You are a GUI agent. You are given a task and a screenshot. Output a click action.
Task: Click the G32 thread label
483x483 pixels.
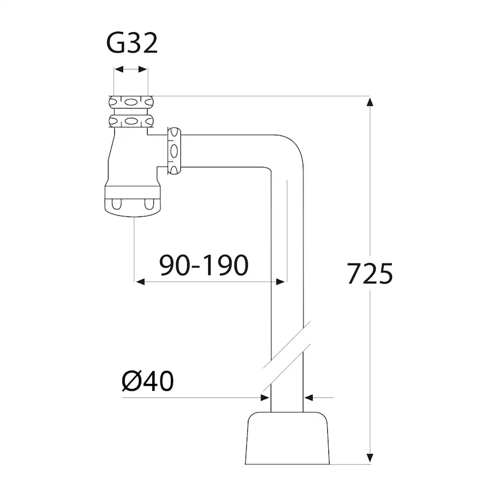click(x=132, y=44)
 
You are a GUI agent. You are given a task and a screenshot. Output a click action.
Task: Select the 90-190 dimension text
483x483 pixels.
click(x=204, y=266)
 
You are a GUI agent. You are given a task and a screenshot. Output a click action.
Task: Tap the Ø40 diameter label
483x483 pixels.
click(x=148, y=381)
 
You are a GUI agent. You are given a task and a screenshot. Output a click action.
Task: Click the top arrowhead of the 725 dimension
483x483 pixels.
click(x=369, y=102)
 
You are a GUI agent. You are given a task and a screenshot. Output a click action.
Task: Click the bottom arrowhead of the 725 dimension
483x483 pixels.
click(x=369, y=458)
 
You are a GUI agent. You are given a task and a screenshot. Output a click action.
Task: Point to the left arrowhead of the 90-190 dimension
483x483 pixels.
click(x=140, y=282)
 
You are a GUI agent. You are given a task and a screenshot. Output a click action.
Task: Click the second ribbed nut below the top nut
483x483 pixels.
click(x=131, y=122)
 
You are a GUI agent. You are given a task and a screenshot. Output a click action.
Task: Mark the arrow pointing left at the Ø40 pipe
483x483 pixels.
click(x=309, y=398)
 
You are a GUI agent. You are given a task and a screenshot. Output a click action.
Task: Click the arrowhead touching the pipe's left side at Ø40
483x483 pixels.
click(x=264, y=398)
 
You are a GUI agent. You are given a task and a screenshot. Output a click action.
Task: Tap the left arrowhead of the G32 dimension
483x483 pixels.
click(x=117, y=69)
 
